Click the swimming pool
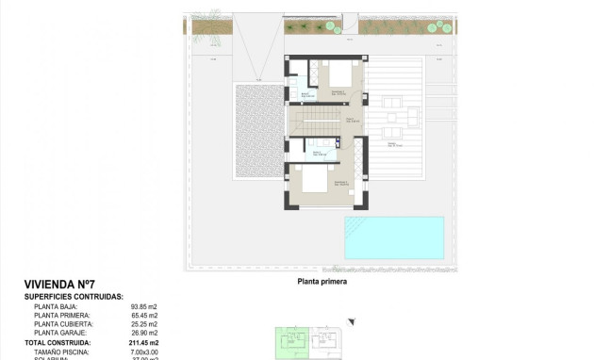(x=393, y=237)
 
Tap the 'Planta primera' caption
(x=322, y=282)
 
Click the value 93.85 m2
(x=143, y=306)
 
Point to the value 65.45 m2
(x=143, y=316)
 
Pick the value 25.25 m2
(x=143, y=324)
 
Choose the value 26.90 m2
(x=143, y=333)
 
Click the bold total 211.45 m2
(x=142, y=342)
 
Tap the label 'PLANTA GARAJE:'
(x=61, y=333)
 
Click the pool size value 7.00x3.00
(x=143, y=351)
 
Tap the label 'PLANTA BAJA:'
(x=56, y=306)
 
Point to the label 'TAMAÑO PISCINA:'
(x=61, y=351)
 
